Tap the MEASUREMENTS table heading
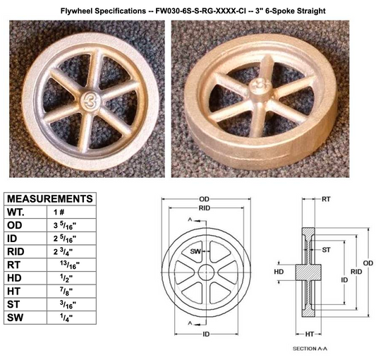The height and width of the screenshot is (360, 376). (x=50, y=199)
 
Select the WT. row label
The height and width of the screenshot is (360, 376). (x=16, y=212)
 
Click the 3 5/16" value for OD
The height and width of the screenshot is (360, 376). (x=65, y=225)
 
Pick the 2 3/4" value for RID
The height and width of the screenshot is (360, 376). (x=63, y=251)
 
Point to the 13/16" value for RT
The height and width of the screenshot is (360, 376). (x=70, y=265)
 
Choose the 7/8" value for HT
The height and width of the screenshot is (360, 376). (x=66, y=291)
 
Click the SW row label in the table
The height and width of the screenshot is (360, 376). (x=15, y=318)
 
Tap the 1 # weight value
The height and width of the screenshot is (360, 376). (x=59, y=212)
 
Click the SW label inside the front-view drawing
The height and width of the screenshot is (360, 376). (x=195, y=251)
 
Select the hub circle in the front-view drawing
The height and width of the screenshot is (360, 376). (x=206, y=272)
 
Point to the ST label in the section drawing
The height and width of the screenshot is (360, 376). (x=326, y=250)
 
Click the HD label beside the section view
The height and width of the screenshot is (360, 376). (x=279, y=272)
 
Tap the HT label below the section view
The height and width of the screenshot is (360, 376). (x=310, y=334)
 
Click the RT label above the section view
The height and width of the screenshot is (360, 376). (x=326, y=199)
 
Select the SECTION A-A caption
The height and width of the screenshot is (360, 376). (x=310, y=349)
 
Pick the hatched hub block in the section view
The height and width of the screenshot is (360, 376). (x=308, y=272)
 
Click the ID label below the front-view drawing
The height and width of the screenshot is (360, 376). (x=206, y=334)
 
